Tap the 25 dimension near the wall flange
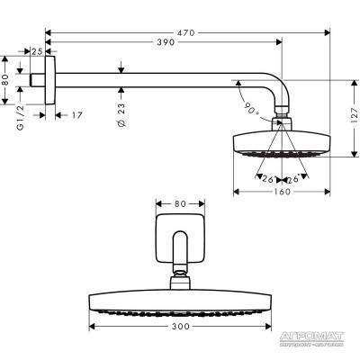37,52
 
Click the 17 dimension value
76,115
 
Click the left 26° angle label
266,178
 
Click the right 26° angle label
292,178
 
